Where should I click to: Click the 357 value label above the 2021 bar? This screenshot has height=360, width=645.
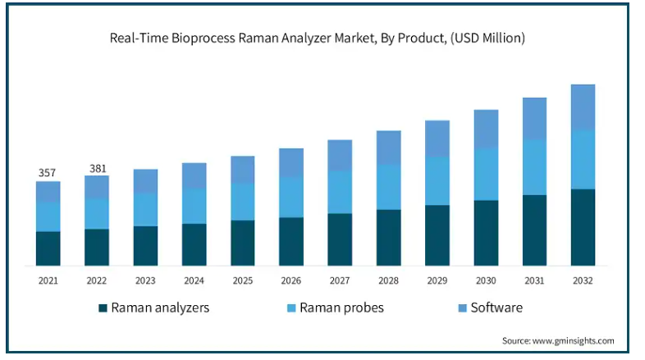(x=47, y=172)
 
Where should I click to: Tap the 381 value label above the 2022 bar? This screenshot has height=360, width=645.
(x=98, y=168)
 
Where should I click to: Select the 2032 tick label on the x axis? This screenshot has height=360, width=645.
(x=583, y=280)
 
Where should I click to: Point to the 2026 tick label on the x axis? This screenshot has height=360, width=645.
(x=290, y=280)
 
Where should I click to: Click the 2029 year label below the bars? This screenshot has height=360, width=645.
(x=437, y=280)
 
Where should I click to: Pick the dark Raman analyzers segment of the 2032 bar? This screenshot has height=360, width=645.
(x=583, y=227)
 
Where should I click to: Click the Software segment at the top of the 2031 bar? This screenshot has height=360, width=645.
(x=534, y=119)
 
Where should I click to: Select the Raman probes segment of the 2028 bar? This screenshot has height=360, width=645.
(x=388, y=187)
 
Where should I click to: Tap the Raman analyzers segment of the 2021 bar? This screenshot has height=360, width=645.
(x=48, y=248)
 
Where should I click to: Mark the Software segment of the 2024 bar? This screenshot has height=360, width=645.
(x=194, y=175)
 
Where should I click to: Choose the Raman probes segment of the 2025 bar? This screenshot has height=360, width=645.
(x=243, y=202)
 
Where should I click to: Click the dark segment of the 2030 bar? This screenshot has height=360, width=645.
(x=486, y=233)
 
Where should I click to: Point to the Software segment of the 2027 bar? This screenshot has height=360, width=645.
(x=340, y=155)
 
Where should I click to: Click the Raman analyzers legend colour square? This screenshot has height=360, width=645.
(x=103, y=308)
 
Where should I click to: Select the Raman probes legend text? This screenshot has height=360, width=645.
(x=341, y=308)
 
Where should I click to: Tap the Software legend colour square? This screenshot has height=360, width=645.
(x=462, y=308)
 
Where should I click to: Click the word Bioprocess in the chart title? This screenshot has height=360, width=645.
(x=204, y=39)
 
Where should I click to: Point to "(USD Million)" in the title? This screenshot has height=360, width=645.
(x=487, y=39)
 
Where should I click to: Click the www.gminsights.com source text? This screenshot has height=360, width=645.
(x=573, y=340)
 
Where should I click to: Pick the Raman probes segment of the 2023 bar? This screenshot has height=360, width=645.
(x=145, y=210)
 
